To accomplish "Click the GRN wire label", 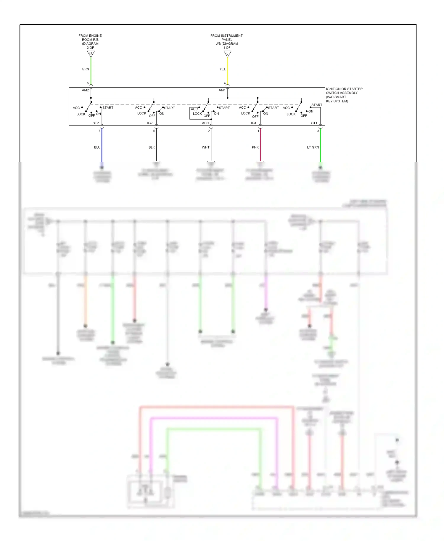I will (85, 69).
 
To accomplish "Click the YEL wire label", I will (222, 69).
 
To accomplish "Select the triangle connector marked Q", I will (91, 54).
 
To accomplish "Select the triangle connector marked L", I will (227, 54).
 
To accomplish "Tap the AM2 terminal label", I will (85, 90).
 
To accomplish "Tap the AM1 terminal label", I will (222, 90).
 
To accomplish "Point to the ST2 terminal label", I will (96, 123).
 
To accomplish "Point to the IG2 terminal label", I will (150, 123).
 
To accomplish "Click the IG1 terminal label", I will (254, 123).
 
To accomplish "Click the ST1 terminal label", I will (314, 123).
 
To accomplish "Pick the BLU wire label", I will (97, 147).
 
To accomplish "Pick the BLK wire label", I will (152, 147).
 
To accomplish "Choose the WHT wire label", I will (205, 147).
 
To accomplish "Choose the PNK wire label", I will (255, 147).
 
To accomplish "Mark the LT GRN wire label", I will (313, 147).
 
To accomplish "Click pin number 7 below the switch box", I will (99, 131).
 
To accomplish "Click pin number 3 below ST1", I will (318, 131).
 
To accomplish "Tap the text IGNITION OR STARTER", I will (344, 89).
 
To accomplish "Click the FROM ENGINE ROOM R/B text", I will (90, 38).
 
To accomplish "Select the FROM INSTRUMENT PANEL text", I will (226, 38).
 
